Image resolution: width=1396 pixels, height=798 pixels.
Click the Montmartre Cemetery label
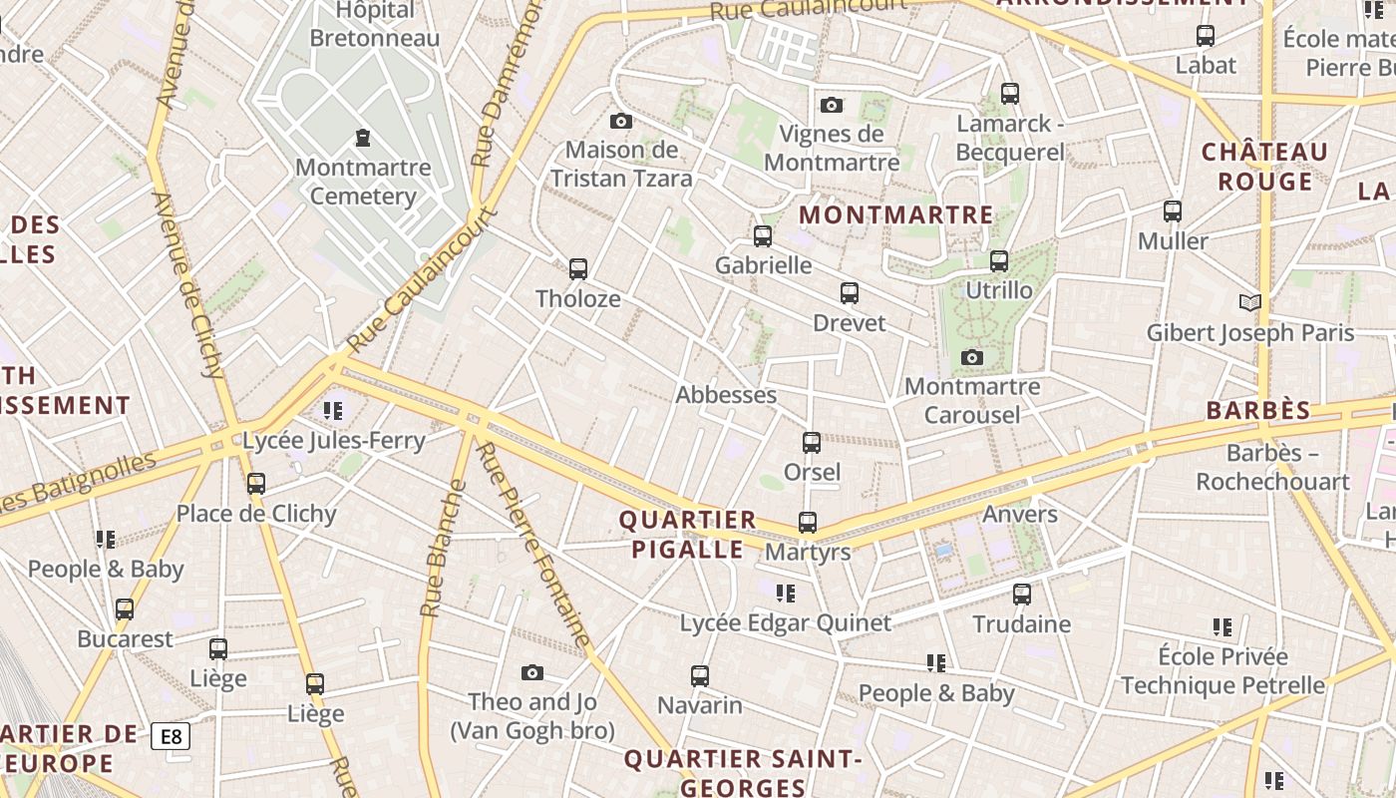pyautogui.click(x=363, y=181)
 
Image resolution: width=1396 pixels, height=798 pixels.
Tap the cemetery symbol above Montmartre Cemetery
pyautogui.click(x=362, y=137)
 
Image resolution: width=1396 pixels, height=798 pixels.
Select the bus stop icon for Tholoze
pyautogui.click(x=577, y=268)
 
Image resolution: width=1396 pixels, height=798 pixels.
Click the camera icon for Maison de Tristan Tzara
pyautogui.click(x=620, y=121)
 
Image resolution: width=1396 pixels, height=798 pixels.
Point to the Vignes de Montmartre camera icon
pyautogui.click(x=831, y=105)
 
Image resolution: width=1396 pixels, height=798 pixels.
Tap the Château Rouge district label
pyautogui.click(x=1264, y=167)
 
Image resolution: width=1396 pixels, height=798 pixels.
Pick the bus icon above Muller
pyautogui.click(x=1173, y=211)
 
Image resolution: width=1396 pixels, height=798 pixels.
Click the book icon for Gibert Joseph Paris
pyautogui.click(x=1249, y=302)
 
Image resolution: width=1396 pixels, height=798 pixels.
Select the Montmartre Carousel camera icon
pyautogui.click(x=971, y=357)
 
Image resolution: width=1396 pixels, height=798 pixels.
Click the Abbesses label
pyautogui.click(x=726, y=394)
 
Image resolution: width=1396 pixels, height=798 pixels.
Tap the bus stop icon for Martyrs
pyautogui.click(x=807, y=522)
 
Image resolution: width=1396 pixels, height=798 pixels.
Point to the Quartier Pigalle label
pyautogui.click(x=687, y=534)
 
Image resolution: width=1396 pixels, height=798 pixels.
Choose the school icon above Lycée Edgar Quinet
pyautogui.click(x=786, y=594)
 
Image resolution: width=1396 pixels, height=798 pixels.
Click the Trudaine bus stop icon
pyautogui.click(x=1022, y=595)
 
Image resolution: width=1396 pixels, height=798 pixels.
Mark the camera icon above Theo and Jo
pyautogui.click(x=531, y=672)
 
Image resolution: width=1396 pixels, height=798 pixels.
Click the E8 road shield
pyautogui.click(x=171, y=737)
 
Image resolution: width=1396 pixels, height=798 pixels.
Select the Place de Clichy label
pyautogui.click(x=256, y=514)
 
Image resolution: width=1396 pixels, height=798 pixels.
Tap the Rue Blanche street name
pyautogui.click(x=443, y=549)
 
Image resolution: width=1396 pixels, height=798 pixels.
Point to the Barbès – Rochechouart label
pyautogui.click(x=1272, y=467)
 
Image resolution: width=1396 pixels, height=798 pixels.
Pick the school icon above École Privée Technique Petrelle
pyautogui.click(x=1222, y=627)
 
